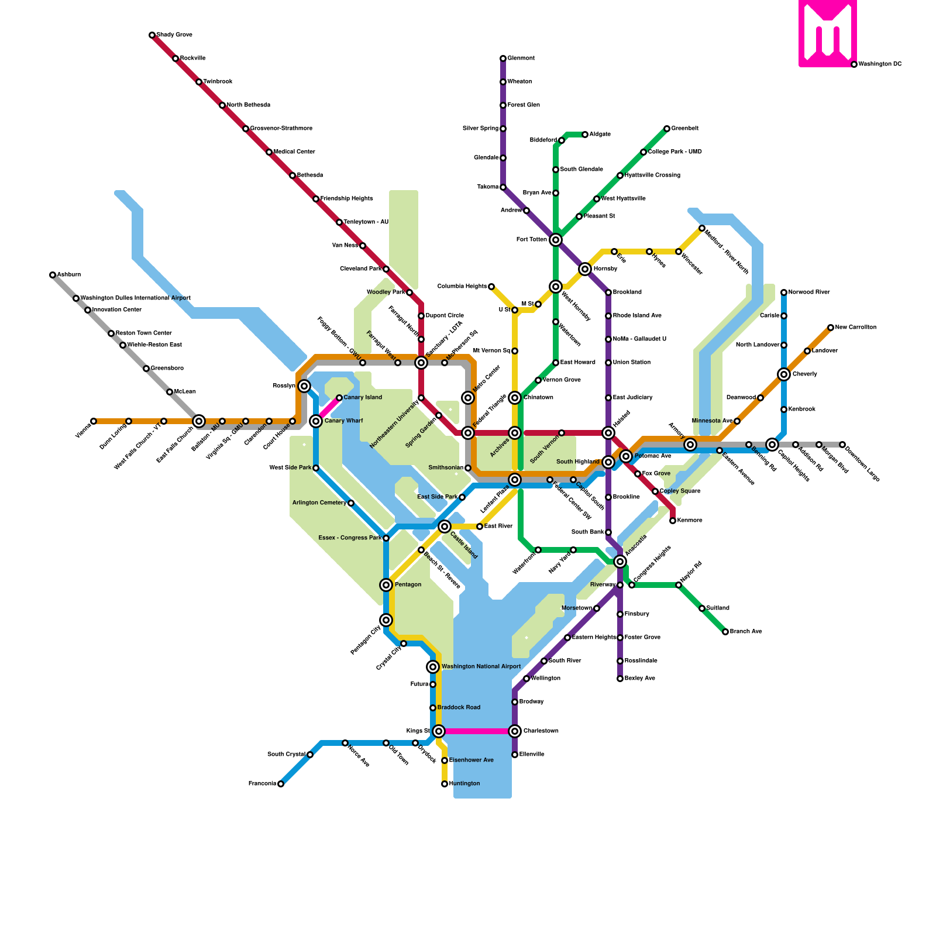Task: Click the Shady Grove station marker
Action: point(152,35)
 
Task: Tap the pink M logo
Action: point(827,33)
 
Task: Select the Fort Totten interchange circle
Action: point(556,240)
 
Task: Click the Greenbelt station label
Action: point(685,129)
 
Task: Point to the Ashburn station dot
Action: point(53,275)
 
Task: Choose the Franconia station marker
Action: point(281,784)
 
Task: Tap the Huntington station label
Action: point(464,784)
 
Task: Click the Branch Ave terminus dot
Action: point(725,632)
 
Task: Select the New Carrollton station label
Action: point(856,328)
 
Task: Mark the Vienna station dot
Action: point(94,421)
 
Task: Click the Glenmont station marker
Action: point(503,58)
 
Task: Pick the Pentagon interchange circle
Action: point(386,585)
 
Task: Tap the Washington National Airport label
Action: point(481,667)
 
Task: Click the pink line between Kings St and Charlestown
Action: point(477,731)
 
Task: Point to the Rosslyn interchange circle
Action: point(304,386)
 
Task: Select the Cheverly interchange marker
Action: point(784,374)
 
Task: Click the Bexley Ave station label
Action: point(640,679)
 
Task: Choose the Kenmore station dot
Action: point(673,521)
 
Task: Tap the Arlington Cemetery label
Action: point(319,503)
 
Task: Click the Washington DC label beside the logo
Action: point(880,64)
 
